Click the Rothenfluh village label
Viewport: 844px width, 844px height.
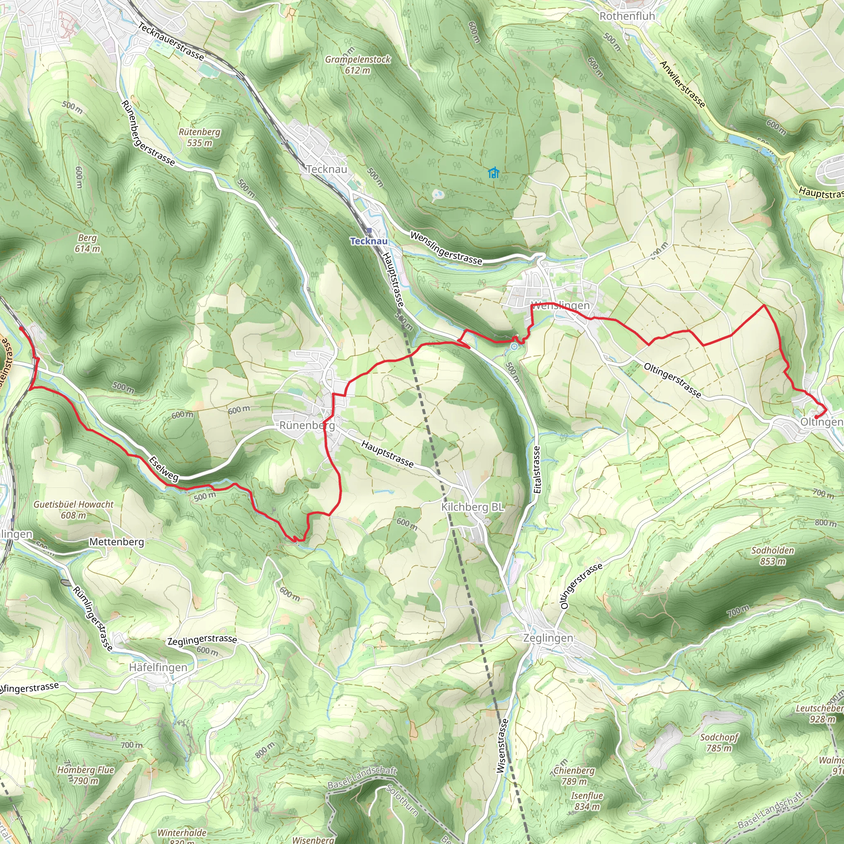(627, 16)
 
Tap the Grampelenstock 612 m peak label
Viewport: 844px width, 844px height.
(358, 64)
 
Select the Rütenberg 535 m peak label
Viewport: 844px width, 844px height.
(199, 137)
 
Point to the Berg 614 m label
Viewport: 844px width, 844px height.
(87, 243)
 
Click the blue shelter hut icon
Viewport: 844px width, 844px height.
(493, 173)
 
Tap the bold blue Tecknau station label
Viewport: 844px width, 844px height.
(369, 241)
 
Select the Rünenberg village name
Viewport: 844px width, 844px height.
(307, 425)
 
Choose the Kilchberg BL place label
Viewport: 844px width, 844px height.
(472, 507)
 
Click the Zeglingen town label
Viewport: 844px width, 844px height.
(548, 638)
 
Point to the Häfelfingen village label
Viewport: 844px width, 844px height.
(158, 668)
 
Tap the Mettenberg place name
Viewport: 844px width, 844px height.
(117, 542)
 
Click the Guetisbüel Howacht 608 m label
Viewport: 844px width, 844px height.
(73, 510)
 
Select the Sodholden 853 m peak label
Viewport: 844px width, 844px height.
(772, 556)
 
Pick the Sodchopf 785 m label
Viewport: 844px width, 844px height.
(719, 743)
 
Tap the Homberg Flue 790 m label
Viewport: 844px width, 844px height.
(86, 775)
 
